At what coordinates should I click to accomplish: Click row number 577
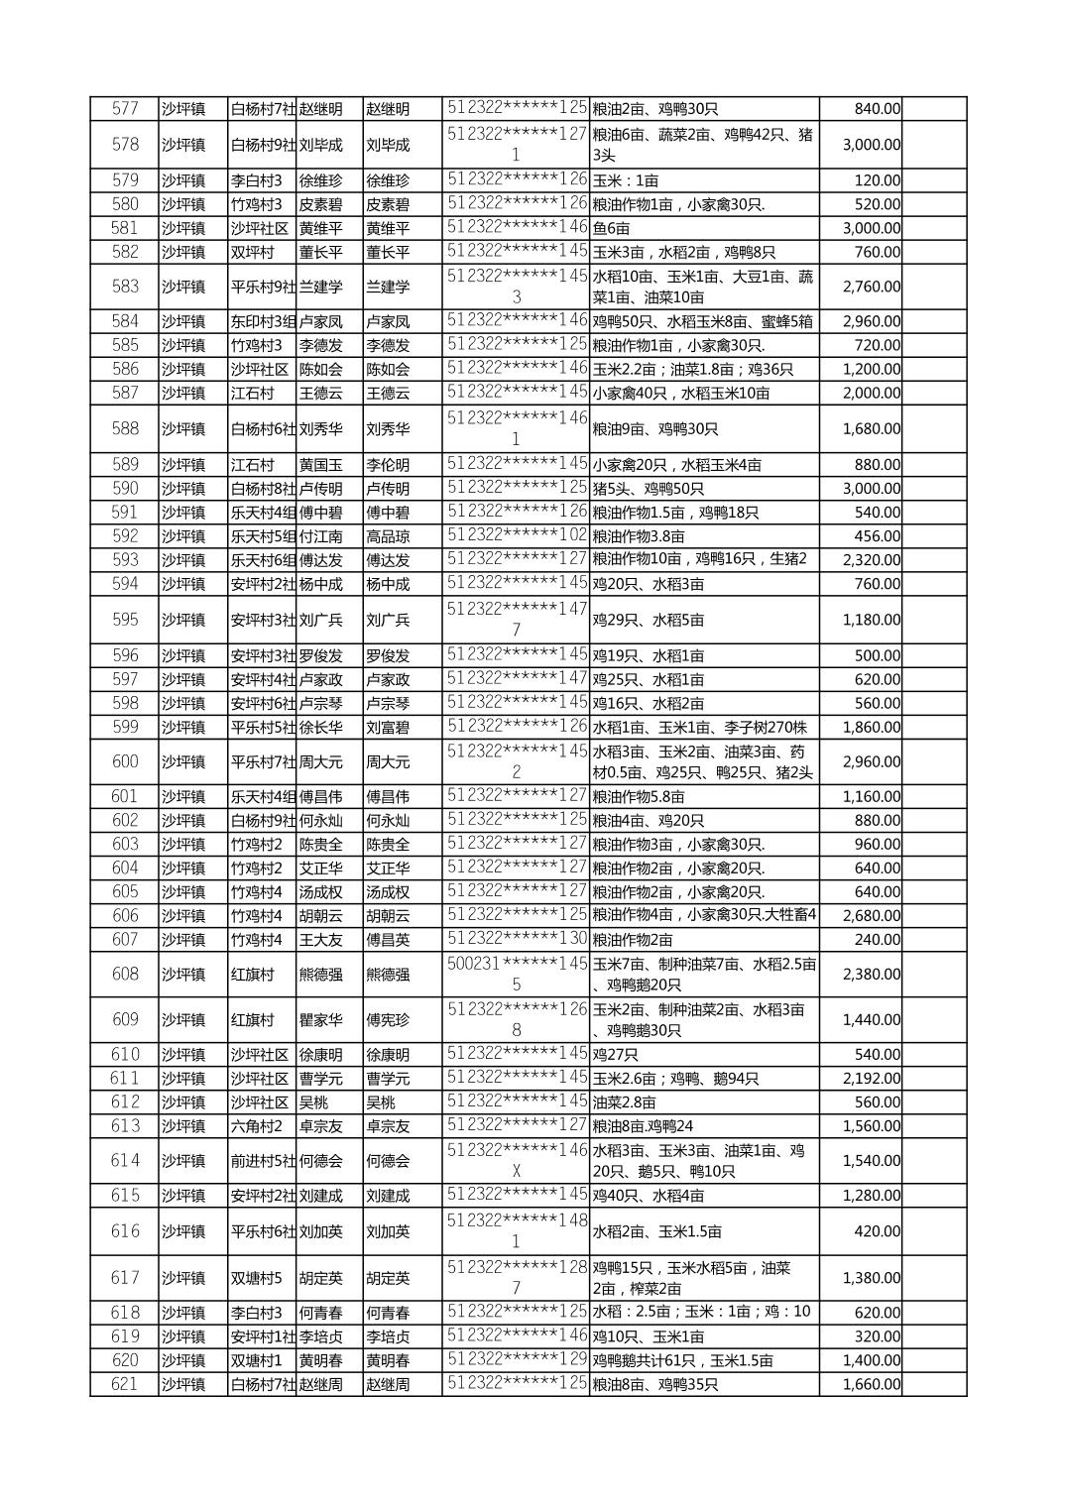click(125, 109)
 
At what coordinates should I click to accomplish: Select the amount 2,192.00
click(871, 1079)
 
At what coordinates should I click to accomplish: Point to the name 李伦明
click(388, 465)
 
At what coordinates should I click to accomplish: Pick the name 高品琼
click(388, 536)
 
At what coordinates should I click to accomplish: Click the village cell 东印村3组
click(263, 321)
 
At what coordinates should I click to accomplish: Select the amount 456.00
click(878, 536)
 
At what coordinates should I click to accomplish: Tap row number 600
click(125, 761)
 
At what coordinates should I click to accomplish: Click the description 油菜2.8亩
click(624, 1102)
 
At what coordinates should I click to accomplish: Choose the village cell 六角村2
click(257, 1126)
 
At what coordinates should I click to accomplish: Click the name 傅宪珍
click(388, 1019)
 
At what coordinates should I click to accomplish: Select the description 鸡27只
click(614, 1055)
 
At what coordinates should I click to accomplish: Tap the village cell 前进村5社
click(263, 1161)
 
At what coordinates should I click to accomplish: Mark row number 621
click(125, 1384)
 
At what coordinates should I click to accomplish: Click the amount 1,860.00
click(871, 728)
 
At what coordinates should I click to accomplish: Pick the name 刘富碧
click(388, 728)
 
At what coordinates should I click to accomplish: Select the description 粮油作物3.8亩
click(638, 536)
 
